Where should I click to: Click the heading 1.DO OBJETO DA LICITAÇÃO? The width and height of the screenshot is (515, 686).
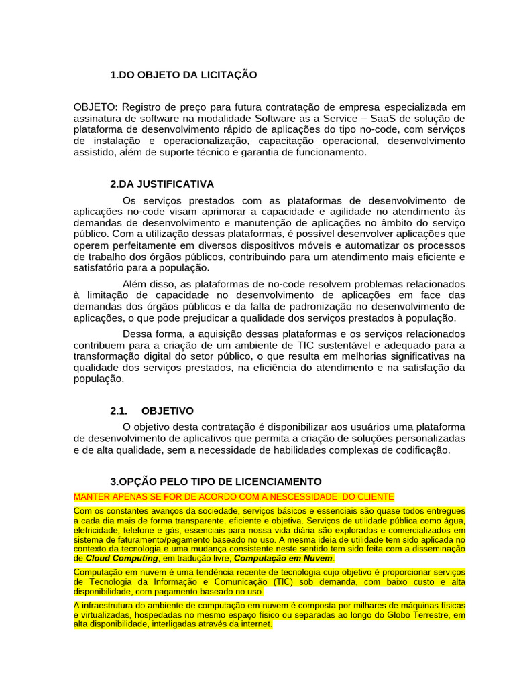[x=183, y=75]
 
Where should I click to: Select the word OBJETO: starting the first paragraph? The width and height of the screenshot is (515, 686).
[x=96, y=107]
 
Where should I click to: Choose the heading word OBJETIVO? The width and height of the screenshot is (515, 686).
[x=168, y=411]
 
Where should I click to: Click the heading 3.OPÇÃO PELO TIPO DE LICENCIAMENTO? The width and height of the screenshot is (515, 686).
[x=215, y=482]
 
